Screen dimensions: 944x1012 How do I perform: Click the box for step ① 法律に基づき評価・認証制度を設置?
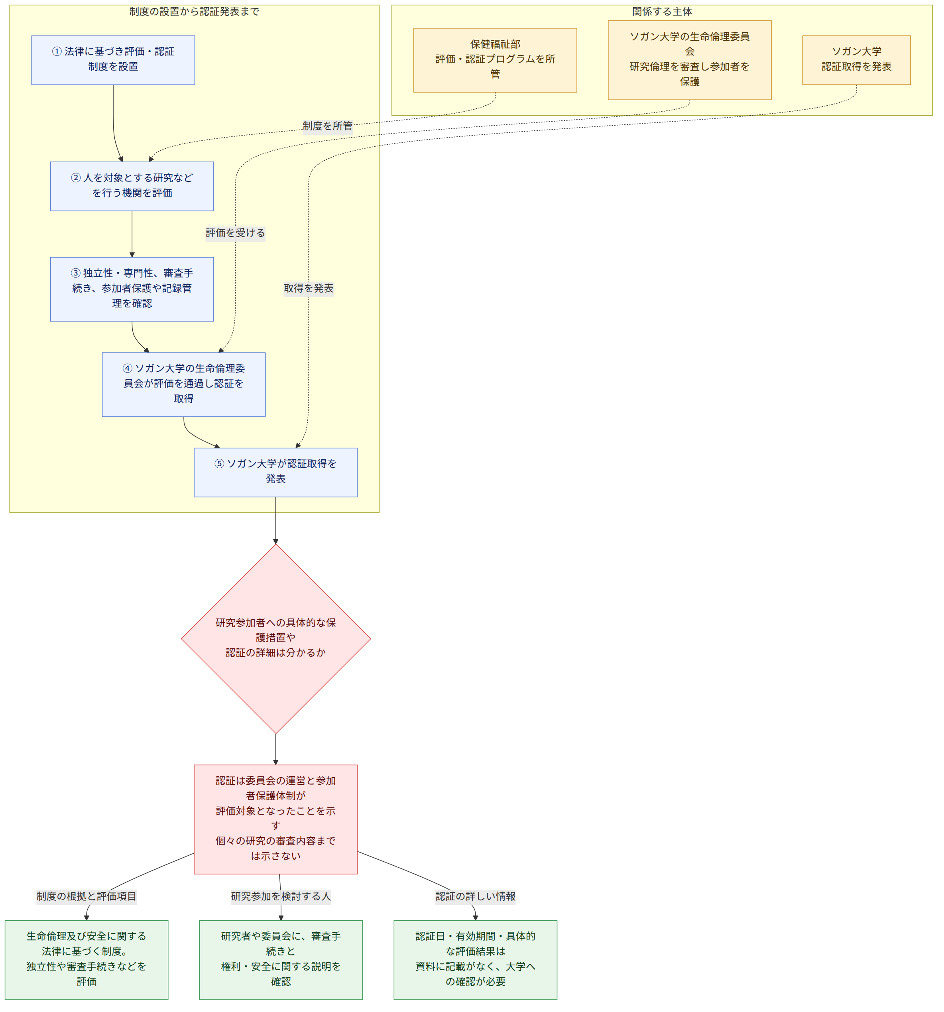(x=113, y=60)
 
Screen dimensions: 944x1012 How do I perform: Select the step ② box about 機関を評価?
(x=132, y=186)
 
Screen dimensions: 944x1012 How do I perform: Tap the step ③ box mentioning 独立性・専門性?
(x=132, y=289)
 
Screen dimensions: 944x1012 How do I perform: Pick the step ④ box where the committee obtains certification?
(x=184, y=384)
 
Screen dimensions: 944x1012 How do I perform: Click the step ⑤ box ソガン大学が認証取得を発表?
(x=275, y=473)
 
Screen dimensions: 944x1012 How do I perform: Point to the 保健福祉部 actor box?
(x=495, y=60)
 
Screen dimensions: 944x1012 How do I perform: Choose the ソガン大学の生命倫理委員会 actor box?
(x=690, y=60)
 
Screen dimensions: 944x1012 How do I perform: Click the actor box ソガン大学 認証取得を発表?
(x=856, y=60)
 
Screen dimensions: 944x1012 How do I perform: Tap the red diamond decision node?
(x=276, y=639)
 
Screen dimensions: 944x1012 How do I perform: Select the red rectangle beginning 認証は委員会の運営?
(x=275, y=819)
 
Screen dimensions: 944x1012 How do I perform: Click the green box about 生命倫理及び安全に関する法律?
(x=87, y=960)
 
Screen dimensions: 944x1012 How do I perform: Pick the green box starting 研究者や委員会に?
(x=281, y=960)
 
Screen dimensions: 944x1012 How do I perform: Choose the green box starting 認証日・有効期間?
(x=475, y=960)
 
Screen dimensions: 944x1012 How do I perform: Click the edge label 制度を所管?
(x=327, y=126)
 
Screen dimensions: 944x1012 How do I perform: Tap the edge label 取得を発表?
(x=309, y=289)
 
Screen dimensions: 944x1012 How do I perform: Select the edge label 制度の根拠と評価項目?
(x=87, y=896)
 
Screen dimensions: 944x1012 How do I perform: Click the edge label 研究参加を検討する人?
(x=281, y=896)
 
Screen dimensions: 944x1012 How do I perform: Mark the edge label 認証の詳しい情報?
(x=475, y=896)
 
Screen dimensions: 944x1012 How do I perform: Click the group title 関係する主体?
(x=662, y=12)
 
